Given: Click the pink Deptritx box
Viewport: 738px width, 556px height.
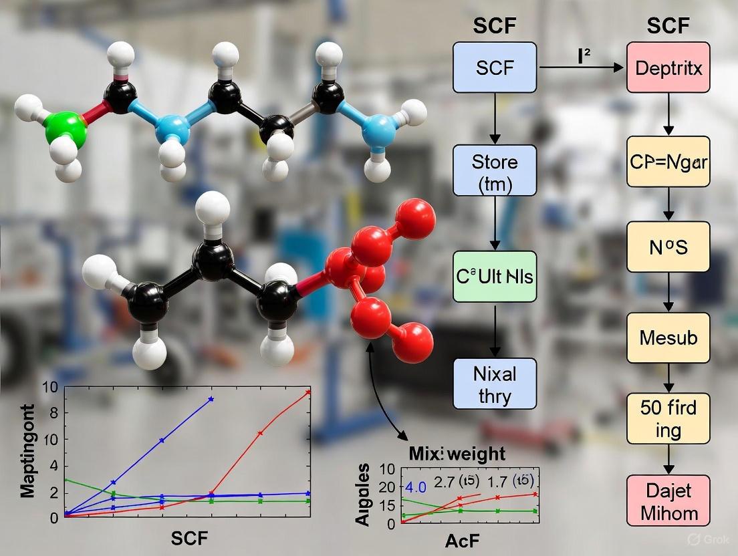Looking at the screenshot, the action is click(x=668, y=67).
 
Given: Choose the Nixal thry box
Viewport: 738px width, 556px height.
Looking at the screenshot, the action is click(x=495, y=383).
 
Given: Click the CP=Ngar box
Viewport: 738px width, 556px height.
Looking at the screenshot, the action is click(x=668, y=161).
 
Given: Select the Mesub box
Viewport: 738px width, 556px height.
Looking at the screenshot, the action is click(x=668, y=337).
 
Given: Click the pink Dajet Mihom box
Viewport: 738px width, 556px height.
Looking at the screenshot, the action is click(x=668, y=501).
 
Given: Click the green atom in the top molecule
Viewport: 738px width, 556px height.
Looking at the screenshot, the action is click(x=65, y=128).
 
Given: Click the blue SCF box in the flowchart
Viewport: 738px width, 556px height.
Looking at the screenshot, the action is click(x=495, y=67).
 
